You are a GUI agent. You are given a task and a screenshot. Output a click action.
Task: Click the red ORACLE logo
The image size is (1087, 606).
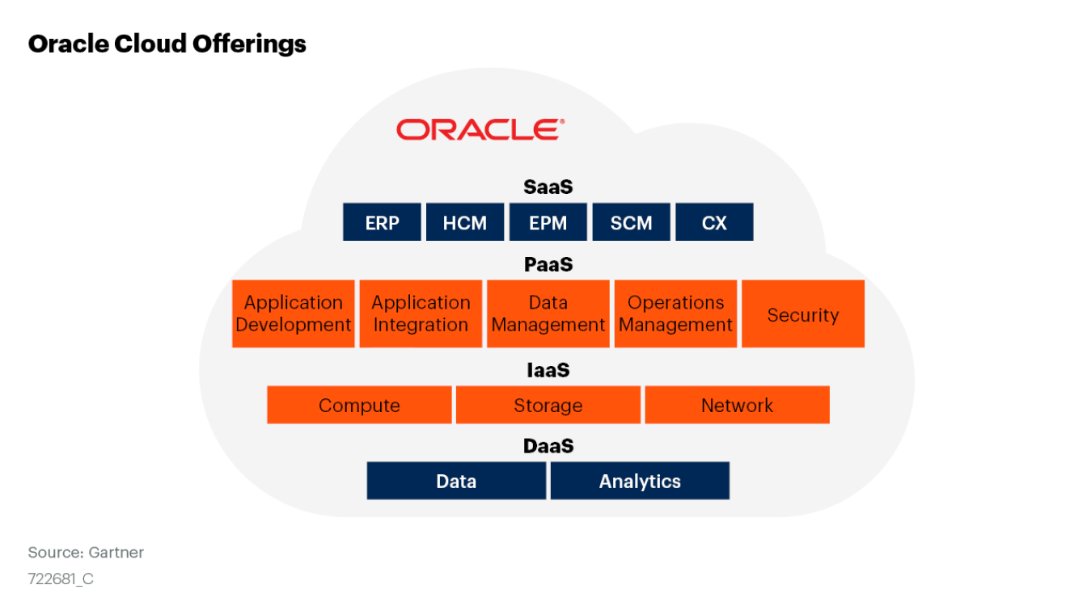pos(480,129)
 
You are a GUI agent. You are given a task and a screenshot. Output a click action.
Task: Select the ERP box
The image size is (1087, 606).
pos(382,222)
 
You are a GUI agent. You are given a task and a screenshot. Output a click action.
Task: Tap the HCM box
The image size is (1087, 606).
pos(465,222)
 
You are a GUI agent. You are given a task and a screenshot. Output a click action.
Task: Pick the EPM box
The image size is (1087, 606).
pos(548,222)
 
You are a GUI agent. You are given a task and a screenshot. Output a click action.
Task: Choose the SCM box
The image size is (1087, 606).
pos(631,222)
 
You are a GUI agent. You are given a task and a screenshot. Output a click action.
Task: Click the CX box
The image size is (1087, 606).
pos(714,222)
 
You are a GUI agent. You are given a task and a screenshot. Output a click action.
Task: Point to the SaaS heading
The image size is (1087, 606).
pos(548,187)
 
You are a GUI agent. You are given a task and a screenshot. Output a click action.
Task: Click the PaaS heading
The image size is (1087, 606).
pos(548,264)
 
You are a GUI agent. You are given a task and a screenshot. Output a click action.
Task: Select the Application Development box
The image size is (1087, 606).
pos(294,314)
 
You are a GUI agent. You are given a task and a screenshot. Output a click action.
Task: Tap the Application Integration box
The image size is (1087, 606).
pos(421,314)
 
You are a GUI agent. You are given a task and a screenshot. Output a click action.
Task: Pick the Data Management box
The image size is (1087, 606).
pos(548,314)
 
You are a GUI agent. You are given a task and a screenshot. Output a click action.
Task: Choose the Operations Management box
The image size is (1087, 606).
pos(675,314)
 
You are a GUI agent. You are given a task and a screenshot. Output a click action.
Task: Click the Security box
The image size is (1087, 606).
pos(803,314)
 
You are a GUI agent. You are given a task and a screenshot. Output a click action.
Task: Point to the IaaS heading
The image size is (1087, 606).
pos(548,370)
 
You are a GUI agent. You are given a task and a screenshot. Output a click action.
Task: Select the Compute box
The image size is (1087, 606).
pos(359,405)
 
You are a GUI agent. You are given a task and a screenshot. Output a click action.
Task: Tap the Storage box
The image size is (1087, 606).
pos(548,405)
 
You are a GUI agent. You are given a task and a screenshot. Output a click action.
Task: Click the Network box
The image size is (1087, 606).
pos(737,405)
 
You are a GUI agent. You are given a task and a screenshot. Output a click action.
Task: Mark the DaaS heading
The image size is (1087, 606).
pos(548,446)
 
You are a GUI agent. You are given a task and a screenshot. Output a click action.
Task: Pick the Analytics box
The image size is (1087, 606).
pos(640,481)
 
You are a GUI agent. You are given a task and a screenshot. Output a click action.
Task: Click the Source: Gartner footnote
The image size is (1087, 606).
pos(86,553)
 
